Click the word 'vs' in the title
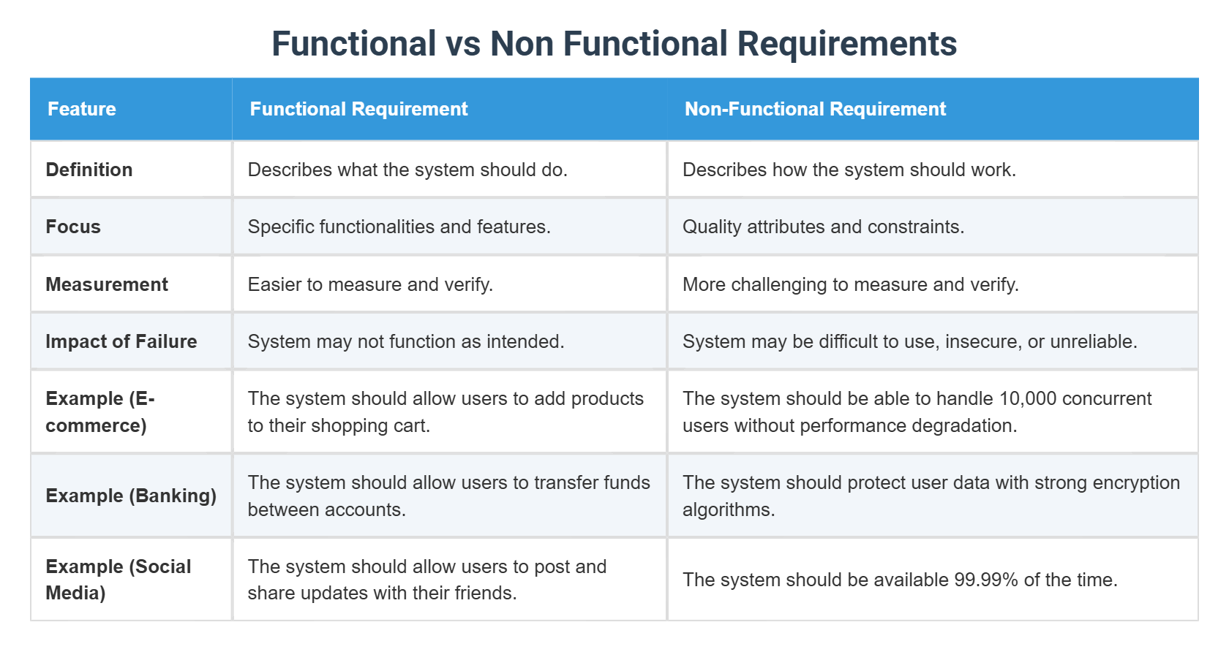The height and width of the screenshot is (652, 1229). coord(463,44)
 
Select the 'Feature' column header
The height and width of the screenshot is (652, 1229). coord(82,109)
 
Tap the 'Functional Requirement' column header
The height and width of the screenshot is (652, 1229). coord(358,109)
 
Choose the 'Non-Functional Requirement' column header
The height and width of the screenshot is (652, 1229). coord(815,109)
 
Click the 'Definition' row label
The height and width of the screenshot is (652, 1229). coord(89,170)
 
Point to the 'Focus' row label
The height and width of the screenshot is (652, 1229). coord(73,227)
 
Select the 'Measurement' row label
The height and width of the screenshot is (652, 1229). coord(107,284)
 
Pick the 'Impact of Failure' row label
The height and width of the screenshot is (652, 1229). coord(121,341)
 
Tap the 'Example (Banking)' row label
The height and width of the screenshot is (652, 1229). coord(131,496)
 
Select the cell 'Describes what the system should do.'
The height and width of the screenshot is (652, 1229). coord(407,170)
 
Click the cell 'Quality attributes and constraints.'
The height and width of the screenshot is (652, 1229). coord(823,227)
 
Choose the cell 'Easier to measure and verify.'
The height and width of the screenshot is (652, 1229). coord(370,284)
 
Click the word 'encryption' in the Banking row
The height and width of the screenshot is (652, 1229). coord(1131,482)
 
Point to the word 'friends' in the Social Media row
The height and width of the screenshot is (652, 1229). coord(483,593)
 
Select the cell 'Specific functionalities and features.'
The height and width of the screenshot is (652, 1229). coord(399,227)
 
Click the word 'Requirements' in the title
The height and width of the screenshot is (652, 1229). coord(846,44)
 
